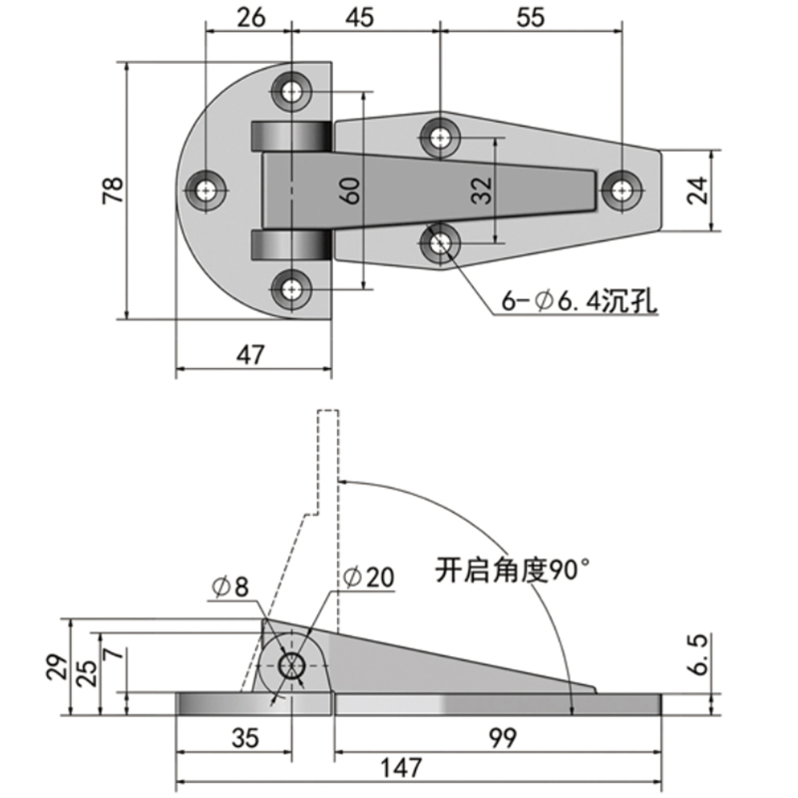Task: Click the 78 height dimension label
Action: (x=113, y=190)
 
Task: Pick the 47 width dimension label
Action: (x=251, y=356)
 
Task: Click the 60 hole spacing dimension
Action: (x=350, y=190)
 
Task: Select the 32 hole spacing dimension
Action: (x=482, y=190)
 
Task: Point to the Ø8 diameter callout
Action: (x=228, y=587)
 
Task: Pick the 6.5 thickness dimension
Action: (x=698, y=654)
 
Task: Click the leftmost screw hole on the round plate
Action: (x=207, y=190)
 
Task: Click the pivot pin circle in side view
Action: (x=292, y=667)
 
